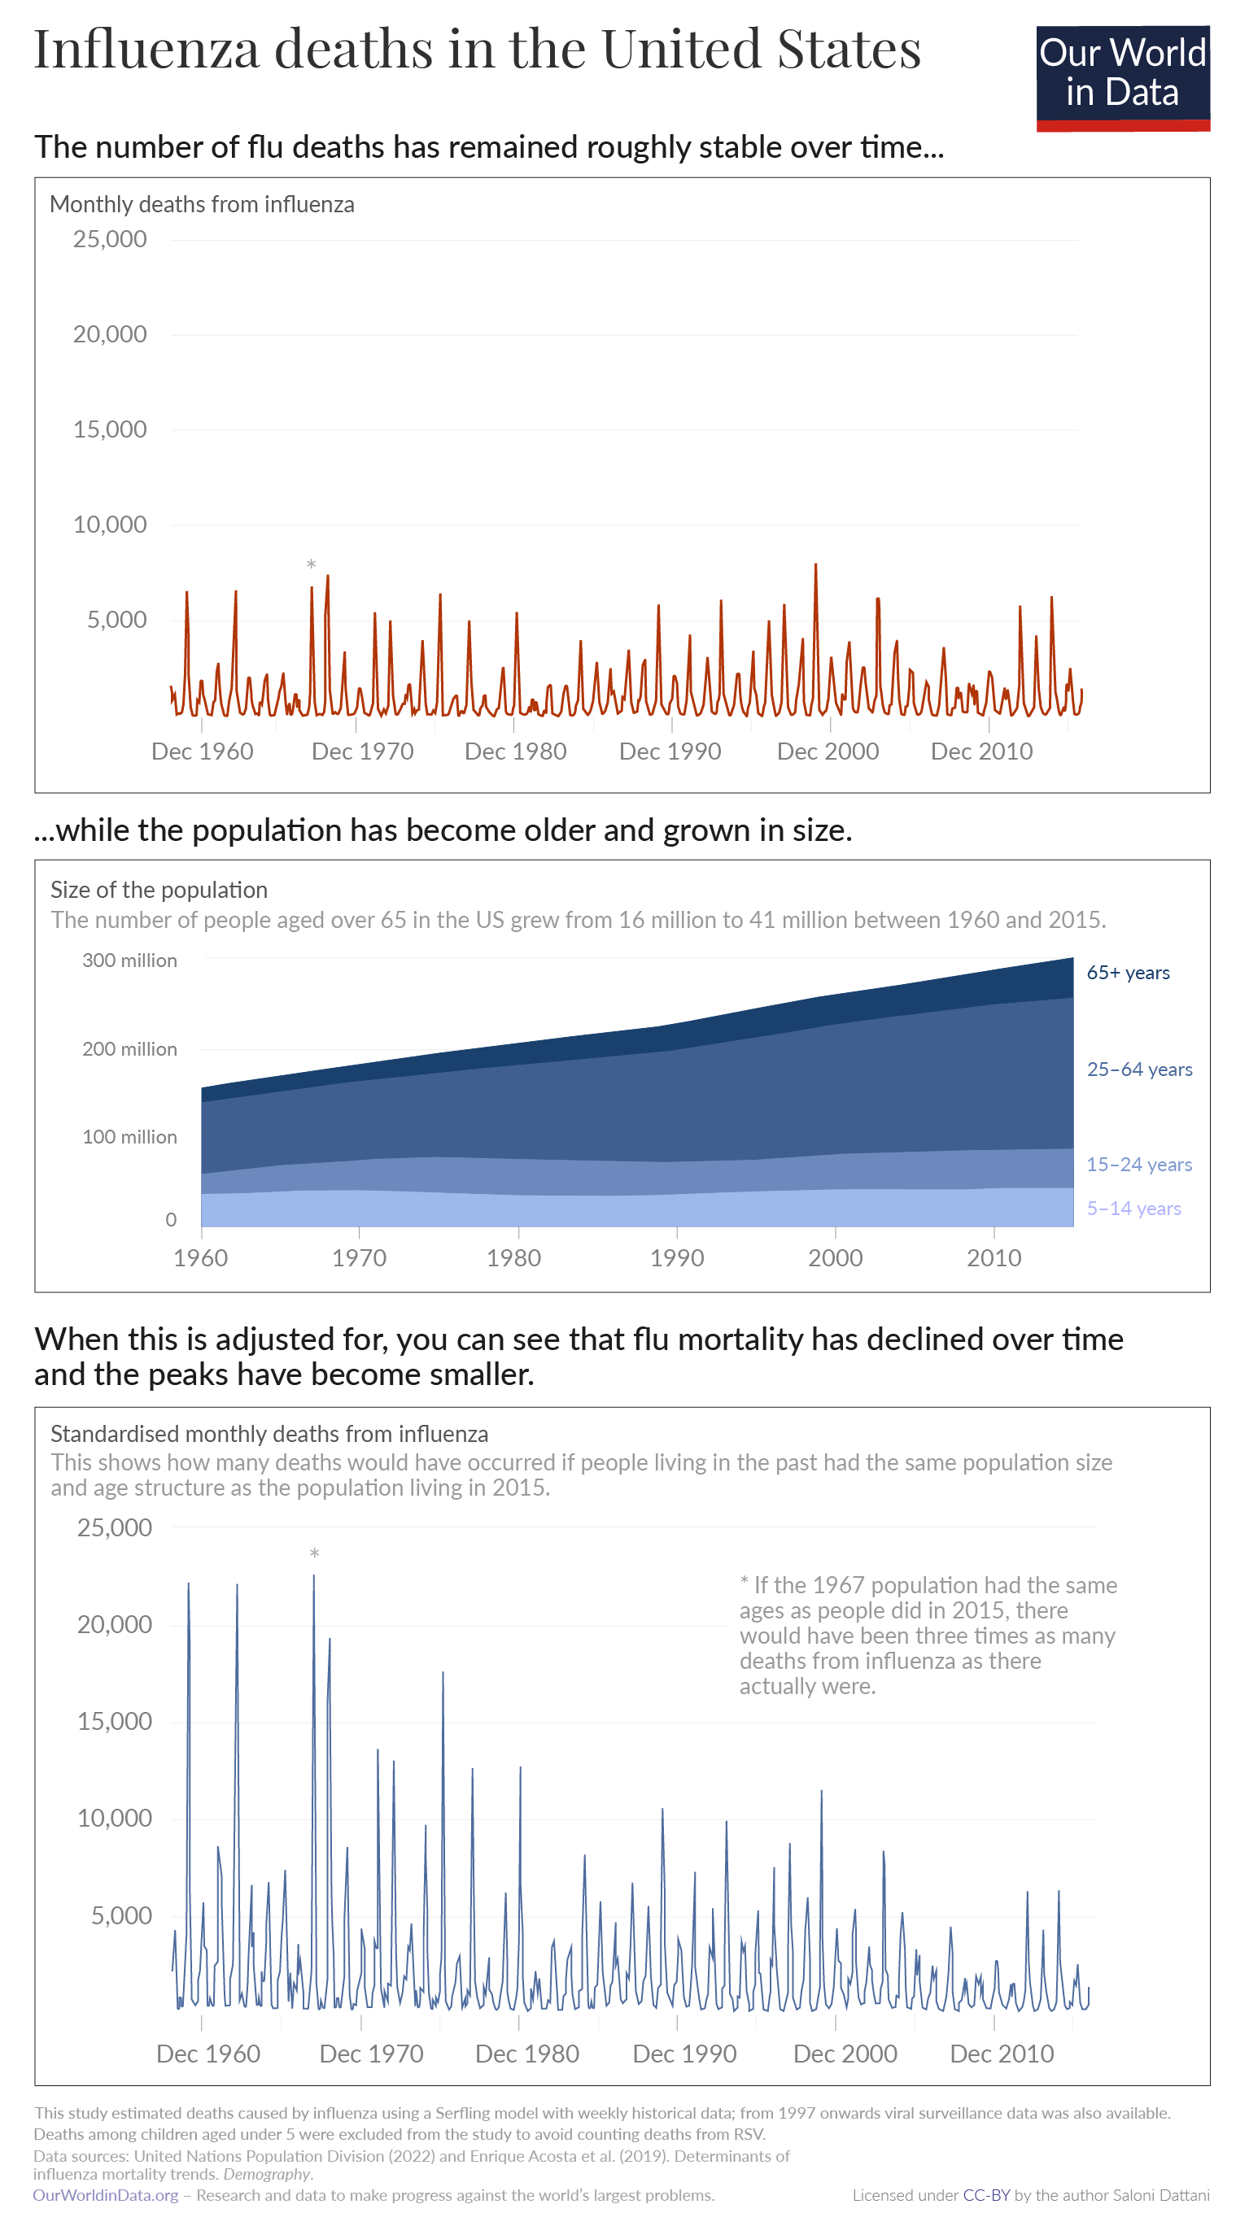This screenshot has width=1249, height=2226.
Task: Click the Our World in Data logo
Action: [x=1122, y=78]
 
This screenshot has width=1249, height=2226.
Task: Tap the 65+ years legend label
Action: [x=1127, y=972]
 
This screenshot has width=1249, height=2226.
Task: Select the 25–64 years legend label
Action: [x=1138, y=1069]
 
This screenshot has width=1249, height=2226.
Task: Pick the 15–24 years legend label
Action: [x=1138, y=1164]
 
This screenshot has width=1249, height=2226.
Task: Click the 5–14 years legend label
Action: [x=1133, y=1208]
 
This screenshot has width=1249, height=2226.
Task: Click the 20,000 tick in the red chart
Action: [x=110, y=334]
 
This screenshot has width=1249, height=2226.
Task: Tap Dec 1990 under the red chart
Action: [x=670, y=751]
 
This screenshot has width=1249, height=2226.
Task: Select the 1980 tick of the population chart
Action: [x=513, y=1257]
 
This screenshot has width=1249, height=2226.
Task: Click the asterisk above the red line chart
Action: [x=311, y=565]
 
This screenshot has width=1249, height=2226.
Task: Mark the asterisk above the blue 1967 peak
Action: [x=315, y=1554]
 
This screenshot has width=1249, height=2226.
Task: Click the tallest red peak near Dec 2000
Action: [x=815, y=567]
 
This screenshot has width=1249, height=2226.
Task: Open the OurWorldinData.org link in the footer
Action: [x=106, y=2195]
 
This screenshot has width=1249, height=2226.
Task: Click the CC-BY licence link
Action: [x=985, y=2195]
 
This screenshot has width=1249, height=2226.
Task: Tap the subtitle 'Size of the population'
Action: [x=159, y=889]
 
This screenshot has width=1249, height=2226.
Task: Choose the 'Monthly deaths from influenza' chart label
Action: [x=202, y=204]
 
